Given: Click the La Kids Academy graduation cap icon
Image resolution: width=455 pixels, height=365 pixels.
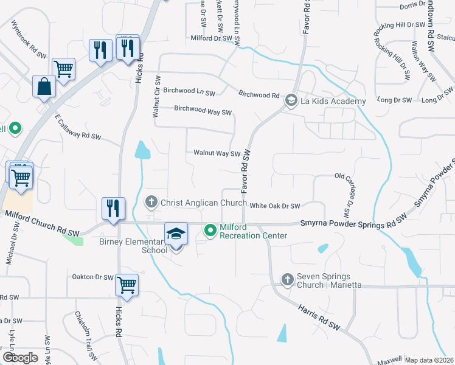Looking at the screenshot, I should [291, 100].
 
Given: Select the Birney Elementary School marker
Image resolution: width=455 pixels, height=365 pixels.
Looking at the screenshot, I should [175, 234].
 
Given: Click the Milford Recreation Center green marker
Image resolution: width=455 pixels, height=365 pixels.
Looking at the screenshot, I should [210, 230].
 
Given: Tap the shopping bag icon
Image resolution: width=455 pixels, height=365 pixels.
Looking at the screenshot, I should [44, 87].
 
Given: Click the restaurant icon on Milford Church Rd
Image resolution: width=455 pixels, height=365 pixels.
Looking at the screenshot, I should [113, 208].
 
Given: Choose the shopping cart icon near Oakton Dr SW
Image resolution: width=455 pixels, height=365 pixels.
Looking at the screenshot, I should [127, 285].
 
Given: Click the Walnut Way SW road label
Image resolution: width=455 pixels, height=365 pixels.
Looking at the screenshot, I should [217, 153].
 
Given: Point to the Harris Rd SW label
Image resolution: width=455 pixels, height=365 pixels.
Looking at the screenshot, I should [318, 318].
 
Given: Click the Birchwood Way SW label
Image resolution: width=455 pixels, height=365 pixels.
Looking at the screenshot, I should [203, 111].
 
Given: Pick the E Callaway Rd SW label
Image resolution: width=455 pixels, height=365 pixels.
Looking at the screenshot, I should [77, 128].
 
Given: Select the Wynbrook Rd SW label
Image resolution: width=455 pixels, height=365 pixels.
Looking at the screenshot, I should [29, 38].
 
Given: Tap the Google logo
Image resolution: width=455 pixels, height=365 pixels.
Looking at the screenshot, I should [20, 358].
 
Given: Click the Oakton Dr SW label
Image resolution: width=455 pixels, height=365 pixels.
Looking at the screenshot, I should [93, 277].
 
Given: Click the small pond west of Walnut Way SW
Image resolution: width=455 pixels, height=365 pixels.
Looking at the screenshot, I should [142, 150].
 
